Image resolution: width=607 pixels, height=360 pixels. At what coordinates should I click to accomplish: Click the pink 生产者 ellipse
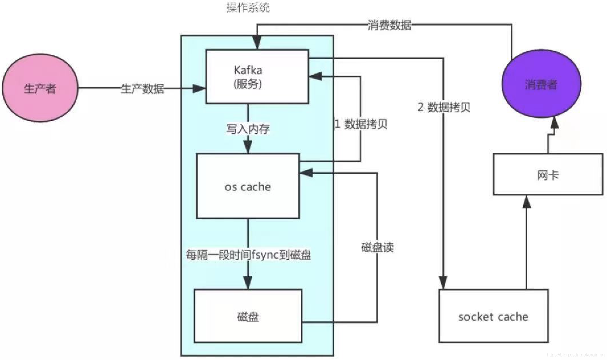point(40,88)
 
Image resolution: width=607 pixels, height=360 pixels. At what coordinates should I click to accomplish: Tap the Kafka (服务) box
point(257,77)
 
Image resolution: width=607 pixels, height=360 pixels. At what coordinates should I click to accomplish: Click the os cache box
point(248,186)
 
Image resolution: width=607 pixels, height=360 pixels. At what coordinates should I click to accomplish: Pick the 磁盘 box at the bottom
point(248,316)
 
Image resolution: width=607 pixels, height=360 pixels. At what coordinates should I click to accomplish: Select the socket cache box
point(493,316)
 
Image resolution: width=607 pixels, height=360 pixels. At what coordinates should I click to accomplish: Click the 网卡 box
point(548,175)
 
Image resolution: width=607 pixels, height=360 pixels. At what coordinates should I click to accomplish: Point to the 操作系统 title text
point(248,8)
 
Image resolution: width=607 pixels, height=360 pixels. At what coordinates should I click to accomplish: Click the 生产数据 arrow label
point(142,89)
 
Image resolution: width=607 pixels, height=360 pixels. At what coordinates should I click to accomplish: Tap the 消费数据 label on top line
point(389,25)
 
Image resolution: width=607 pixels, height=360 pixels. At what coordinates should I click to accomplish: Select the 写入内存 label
point(248,129)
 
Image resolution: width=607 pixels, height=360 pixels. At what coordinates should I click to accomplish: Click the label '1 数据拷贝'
point(361,124)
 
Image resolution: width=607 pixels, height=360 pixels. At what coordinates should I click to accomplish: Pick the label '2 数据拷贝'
point(444,107)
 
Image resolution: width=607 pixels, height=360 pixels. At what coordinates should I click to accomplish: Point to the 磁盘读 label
point(377,247)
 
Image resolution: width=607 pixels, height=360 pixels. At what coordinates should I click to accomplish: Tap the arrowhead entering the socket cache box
point(443,283)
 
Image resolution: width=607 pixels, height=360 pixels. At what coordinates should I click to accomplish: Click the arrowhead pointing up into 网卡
point(527,202)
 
